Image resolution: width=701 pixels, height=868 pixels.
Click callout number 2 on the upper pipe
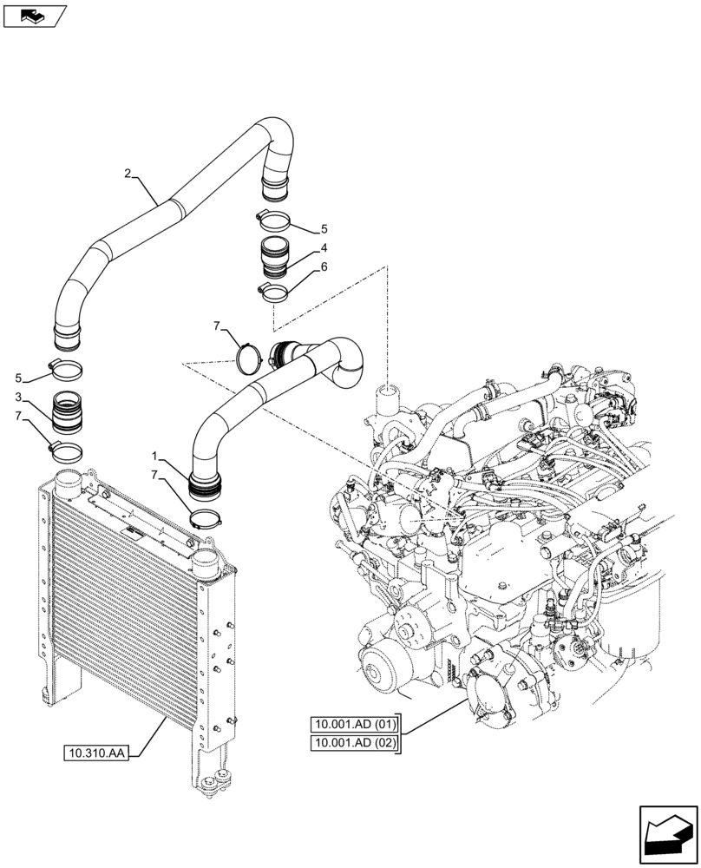click(128, 174)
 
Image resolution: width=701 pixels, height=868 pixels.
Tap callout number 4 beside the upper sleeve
click(323, 247)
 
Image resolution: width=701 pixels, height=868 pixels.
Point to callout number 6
click(323, 267)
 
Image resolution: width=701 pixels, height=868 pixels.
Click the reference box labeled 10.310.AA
click(95, 753)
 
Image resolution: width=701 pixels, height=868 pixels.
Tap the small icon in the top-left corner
click(34, 14)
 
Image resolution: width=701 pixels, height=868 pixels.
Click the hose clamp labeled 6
click(273, 291)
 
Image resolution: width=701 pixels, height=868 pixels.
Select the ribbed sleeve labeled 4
click(276, 257)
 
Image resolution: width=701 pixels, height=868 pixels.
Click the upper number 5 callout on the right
click(324, 229)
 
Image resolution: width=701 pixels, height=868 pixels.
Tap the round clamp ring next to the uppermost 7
click(251, 356)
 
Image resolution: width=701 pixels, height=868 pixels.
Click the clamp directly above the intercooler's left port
click(66, 451)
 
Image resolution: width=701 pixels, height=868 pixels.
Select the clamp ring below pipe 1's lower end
click(208, 520)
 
